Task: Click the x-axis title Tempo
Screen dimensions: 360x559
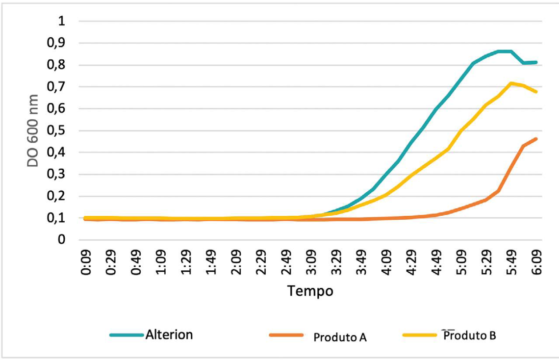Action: (310, 291)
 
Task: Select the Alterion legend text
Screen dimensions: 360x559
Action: (169, 335)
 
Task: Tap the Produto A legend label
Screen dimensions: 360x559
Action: (340, 337)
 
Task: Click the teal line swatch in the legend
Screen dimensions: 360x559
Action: (127, 335)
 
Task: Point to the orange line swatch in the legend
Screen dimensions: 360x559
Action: (286, 335)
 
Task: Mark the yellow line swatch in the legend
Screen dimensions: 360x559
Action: (420, 335)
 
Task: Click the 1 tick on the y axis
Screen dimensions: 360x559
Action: (62, 22)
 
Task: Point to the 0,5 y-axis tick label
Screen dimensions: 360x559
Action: (57, 131)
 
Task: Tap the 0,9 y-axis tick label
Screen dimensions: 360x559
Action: (57, 44)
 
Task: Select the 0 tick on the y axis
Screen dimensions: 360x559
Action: (62, 240)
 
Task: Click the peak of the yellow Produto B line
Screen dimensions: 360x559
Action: (511, 83)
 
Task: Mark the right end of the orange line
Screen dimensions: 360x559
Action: (536, 139)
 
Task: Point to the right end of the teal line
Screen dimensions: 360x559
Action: (536, 62)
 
